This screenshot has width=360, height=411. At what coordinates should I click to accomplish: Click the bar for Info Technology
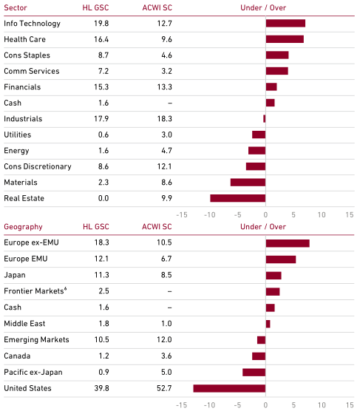point(285,24)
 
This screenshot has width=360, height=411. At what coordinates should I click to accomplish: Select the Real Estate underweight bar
point(237,198)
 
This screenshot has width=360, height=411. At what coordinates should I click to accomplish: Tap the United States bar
point(229,388)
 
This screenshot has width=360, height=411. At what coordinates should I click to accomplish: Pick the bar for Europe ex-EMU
point(288,243)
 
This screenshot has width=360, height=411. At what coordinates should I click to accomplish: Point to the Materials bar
point(248,183)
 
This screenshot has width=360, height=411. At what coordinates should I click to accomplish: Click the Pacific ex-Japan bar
point(254,372)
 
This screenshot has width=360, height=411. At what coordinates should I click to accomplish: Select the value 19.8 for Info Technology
point(101,24)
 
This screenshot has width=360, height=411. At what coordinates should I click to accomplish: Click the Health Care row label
point(25,39)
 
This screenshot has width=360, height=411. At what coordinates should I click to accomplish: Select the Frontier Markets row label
point(35,291)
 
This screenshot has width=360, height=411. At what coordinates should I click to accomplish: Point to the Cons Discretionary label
point(38,167)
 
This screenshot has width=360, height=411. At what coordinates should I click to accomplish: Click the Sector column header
point(16,7)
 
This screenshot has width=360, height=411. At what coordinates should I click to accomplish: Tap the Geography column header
point(23,227)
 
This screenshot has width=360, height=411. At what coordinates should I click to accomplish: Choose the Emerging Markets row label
point(36,340)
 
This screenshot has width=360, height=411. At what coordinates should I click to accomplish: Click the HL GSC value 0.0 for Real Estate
point(103,198)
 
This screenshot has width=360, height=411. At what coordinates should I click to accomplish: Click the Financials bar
point(271,87)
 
